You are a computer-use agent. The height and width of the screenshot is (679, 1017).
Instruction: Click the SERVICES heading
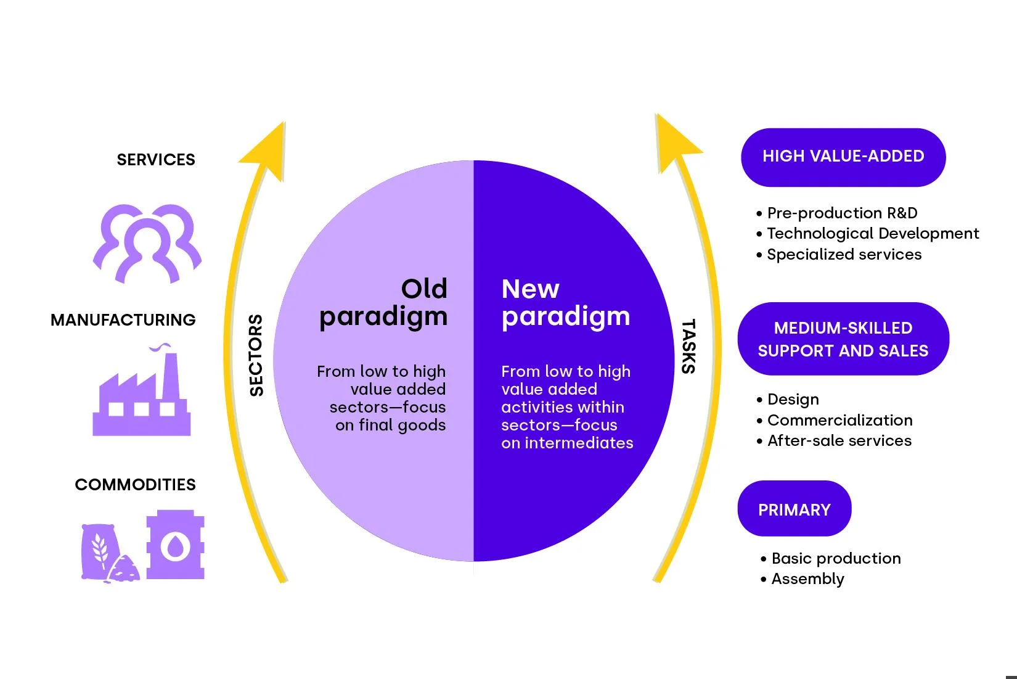(156, 160)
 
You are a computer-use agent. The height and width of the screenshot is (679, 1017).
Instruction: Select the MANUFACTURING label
(123, 320)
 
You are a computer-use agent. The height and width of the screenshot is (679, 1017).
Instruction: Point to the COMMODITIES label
(135, 485)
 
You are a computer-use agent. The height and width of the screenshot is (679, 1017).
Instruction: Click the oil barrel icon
(175, 545)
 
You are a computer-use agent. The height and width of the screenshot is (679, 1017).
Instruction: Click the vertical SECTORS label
(256, 355)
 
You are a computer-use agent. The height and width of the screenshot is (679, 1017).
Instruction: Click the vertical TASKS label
(688, 347)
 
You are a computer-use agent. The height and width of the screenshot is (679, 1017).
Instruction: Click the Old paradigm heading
(383, 303)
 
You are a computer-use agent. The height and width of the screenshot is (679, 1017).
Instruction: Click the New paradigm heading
(565, 303)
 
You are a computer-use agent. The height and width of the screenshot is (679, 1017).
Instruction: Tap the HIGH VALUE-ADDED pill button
(843, 157)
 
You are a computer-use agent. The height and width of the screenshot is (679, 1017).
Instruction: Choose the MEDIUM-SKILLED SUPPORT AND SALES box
(843, 339)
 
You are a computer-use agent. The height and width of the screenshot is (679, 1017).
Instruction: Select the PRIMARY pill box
(794, 509)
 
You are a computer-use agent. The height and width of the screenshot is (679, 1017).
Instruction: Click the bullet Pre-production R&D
(841, 213)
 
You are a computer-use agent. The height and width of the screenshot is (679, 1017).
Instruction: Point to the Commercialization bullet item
(839, 421)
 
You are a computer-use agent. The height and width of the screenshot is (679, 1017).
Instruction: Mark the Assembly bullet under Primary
(807, 579)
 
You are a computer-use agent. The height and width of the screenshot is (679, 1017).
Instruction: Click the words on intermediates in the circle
(566, 443)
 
